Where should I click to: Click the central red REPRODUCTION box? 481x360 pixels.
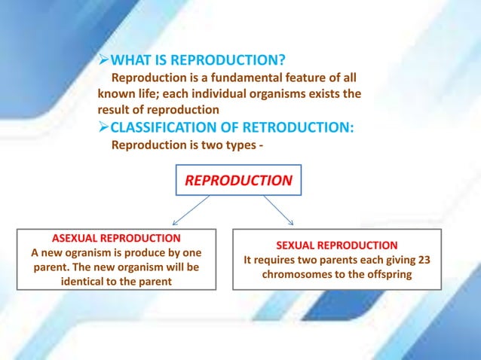point(238,181)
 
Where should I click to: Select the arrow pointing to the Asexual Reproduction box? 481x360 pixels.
point(191,211)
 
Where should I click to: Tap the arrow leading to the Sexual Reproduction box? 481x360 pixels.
point(279,211)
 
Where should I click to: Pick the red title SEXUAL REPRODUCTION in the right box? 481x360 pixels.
point(336,246)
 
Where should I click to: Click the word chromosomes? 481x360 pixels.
point(296,275)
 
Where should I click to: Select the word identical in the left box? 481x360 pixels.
point(82,282)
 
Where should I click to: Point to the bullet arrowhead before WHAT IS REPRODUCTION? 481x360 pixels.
point(104,61)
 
